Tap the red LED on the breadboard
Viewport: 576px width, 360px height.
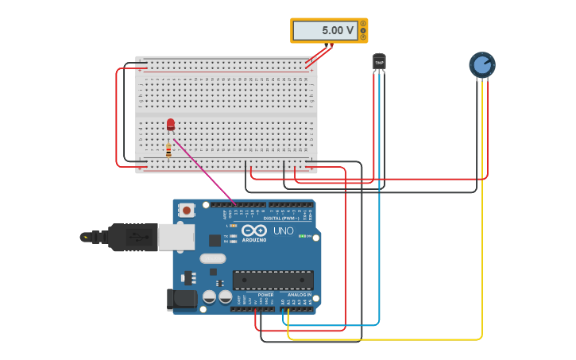(x=170, y=124)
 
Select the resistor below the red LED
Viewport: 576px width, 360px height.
(x=168, y=149)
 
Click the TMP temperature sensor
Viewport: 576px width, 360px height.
(x=379, y=62)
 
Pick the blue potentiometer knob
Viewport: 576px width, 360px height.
(x=482, y=64)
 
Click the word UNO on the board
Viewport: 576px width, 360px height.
(x=283, y=230)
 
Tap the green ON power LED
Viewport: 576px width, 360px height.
(x=302, y=236)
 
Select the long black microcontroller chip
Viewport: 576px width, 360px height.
(x=273, y=280)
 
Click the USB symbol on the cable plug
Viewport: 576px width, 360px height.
(x=140, y=237)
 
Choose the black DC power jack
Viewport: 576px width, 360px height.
(x=182, y=299)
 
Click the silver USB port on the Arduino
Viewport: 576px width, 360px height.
(x=176, y=237)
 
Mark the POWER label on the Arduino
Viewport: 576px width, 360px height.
(x=265, y=295)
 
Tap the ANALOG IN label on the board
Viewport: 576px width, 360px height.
(x=299, y=295)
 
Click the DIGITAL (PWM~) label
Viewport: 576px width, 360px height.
(x=282, y=218)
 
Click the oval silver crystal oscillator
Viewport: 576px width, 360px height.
(x=213, y=258)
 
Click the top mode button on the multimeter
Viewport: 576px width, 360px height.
(x=363, y=24)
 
